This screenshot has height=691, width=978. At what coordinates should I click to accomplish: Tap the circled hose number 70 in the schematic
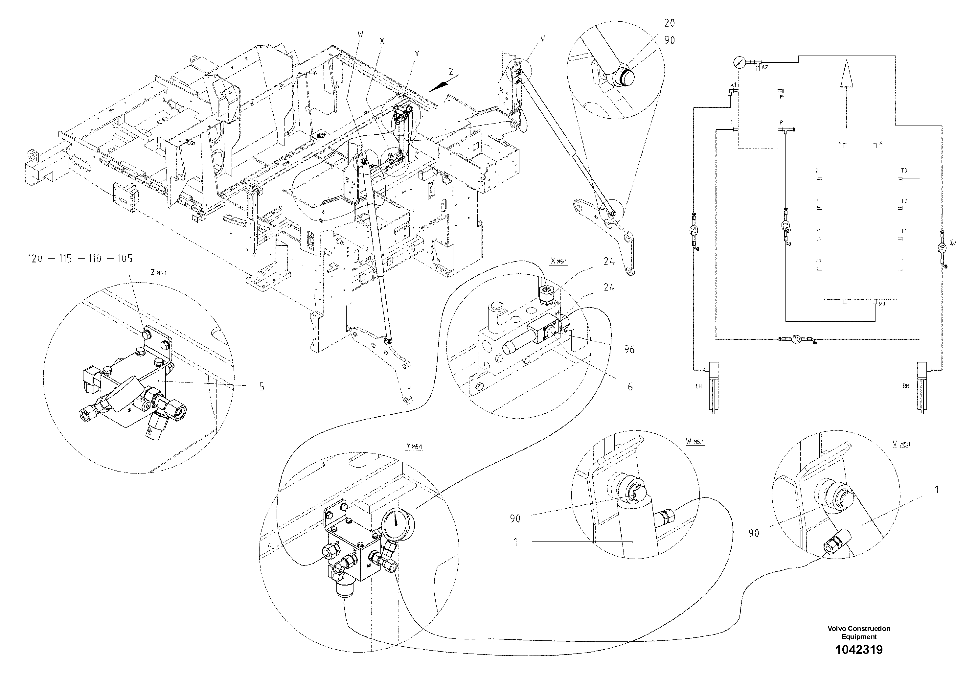796,339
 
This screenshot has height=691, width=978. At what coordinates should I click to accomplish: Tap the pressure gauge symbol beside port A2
739,62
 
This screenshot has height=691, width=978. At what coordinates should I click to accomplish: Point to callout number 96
629,350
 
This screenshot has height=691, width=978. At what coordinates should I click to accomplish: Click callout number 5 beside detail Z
262,387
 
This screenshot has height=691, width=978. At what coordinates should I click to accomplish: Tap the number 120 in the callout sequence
34,259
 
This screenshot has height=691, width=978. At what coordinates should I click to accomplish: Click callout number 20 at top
669,23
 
